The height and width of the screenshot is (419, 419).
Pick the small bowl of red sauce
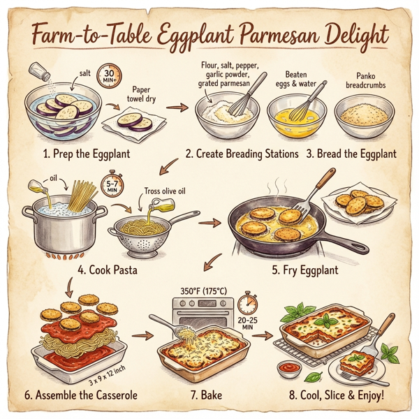pos(286,366)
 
